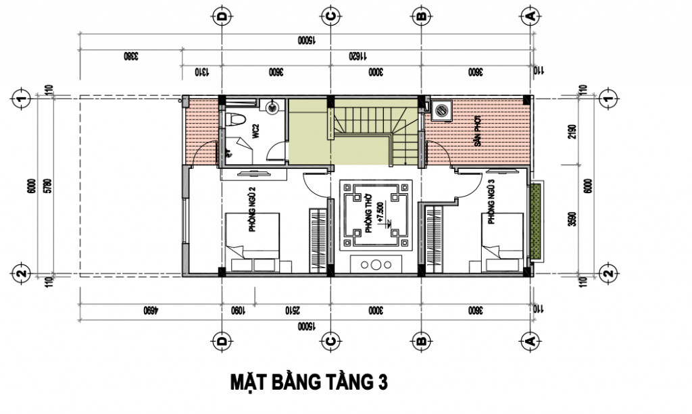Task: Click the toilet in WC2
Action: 234,120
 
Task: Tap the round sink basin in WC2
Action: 271,106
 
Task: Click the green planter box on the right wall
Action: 537,221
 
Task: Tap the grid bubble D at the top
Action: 220,15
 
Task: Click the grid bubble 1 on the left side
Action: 22,99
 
